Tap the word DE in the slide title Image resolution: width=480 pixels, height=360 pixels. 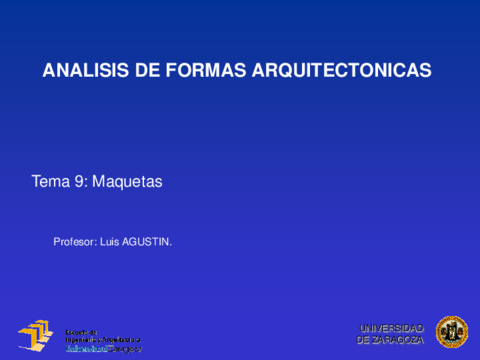click(x=144, y=71)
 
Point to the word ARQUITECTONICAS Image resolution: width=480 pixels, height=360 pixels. click(x=340, y=71)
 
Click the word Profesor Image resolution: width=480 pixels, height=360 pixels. click(x=74, y=241)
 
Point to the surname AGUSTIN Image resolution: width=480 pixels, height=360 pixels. click(x=146, y=241)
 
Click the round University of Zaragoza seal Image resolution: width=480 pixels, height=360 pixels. click(x=451, y=332)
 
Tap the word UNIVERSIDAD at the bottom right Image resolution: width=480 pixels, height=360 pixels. click(x=391, y=328)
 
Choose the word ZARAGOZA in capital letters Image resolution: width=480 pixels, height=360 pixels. click(x=398, y=340)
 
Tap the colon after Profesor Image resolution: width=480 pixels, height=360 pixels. click(x=97, y=242)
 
